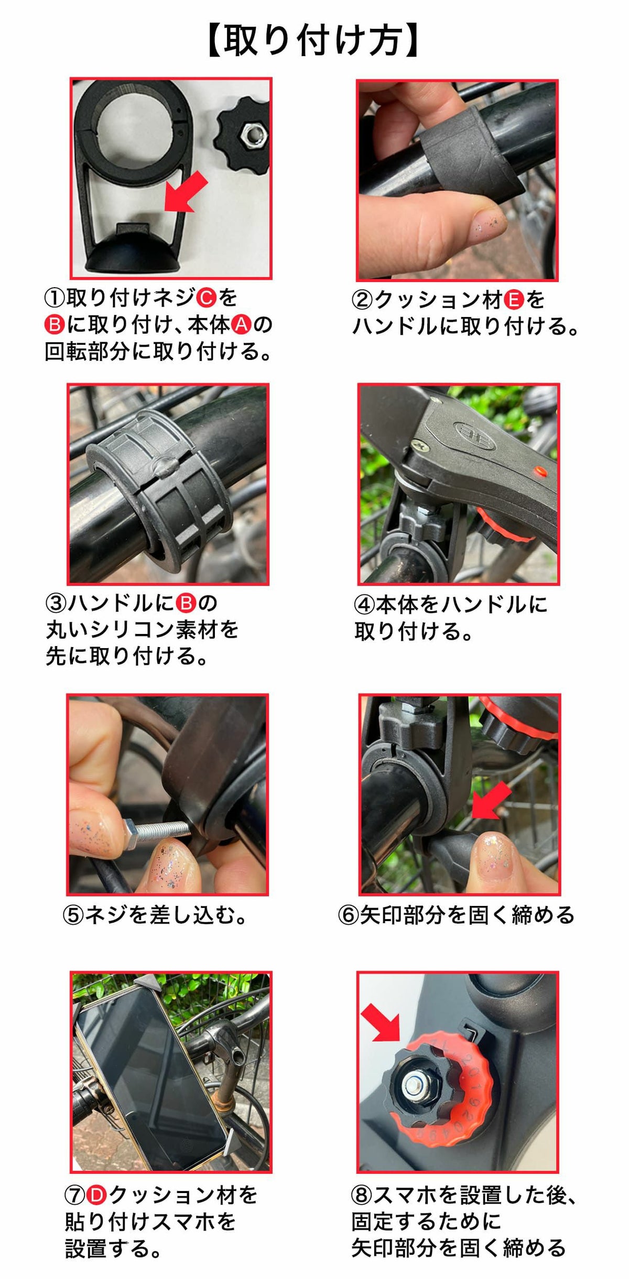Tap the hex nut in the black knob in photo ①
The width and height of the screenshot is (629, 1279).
coord(252,137)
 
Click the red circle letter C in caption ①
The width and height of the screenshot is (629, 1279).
coord(206,298)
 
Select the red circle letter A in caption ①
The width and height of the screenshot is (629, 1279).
coord(241,325)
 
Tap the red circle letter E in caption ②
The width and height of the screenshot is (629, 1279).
coord(514,300)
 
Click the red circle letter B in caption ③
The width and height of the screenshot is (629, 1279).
coord(185,603)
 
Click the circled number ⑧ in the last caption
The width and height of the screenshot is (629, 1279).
coord(362,1196)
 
